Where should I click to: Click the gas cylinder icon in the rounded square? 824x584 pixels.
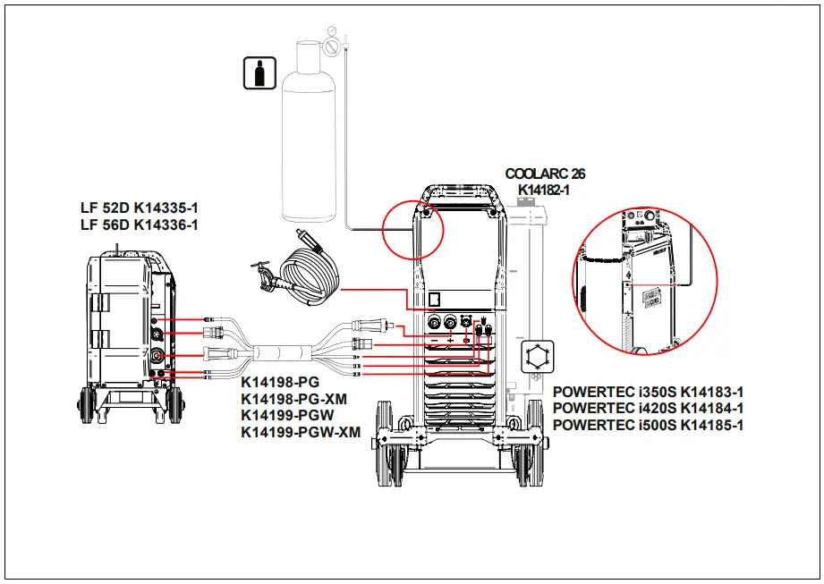click(x=259, y=73)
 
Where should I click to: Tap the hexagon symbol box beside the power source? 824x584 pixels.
click(x=538, y=356)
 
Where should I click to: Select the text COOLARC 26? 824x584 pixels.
click(x=545, y=174)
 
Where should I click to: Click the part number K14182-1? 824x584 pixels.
click(x=544, y=190)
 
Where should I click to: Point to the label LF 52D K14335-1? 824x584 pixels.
click(x=140, y=208)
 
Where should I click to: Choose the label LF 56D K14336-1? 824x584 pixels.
click(x=140, y=224)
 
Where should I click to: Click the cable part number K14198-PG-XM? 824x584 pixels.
click(x=294, y=399)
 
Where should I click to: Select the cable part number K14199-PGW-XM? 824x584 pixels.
click(x=301, y=432)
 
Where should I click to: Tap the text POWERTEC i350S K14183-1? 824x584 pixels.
click(x=649, y=392)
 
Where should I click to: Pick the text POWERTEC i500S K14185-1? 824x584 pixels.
click(x=649, y=425)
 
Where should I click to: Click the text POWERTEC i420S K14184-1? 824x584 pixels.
click(x=649, y=409)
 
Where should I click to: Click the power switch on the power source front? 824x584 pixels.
click(x=435, y=299)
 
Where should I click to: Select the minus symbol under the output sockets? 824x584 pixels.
click(x=434, y=342)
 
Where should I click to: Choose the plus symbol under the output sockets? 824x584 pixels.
click(x=450, y=342)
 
